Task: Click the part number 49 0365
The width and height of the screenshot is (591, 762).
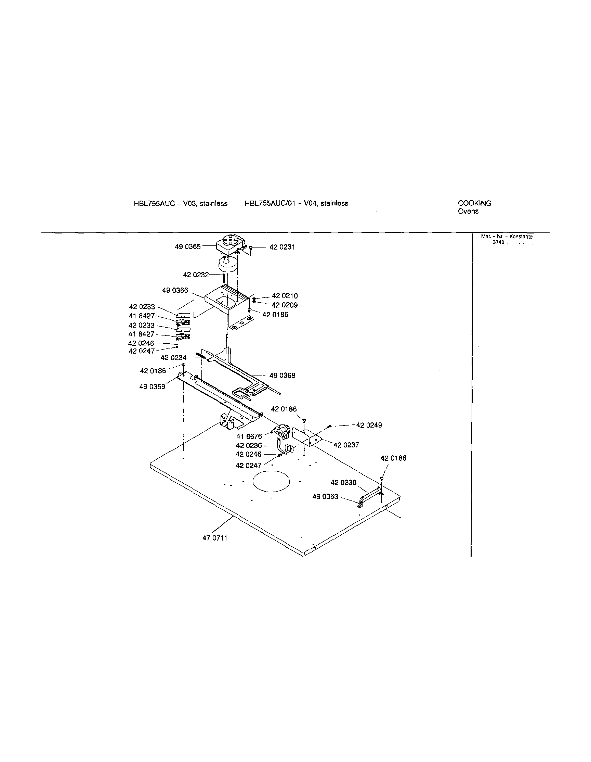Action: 187,247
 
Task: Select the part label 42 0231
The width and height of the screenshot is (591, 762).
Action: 282,247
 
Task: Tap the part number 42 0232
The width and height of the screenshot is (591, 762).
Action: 196,275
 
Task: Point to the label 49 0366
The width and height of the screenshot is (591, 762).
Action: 175,290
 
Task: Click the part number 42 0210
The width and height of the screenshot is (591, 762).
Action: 285,296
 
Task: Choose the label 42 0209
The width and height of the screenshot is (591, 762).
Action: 285,305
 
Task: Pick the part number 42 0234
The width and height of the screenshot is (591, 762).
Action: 173,358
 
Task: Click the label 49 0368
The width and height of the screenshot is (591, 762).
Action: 282,376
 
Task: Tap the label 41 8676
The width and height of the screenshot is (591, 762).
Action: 249,436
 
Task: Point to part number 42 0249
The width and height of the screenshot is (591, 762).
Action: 369,425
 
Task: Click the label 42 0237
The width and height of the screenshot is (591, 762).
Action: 346,445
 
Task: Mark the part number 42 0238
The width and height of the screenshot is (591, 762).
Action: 343,483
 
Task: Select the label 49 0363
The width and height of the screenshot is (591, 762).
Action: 325,496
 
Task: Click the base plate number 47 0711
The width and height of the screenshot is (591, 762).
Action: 215,538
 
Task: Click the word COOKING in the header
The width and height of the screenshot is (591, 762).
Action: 474,203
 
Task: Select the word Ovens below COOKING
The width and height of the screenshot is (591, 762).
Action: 468,211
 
